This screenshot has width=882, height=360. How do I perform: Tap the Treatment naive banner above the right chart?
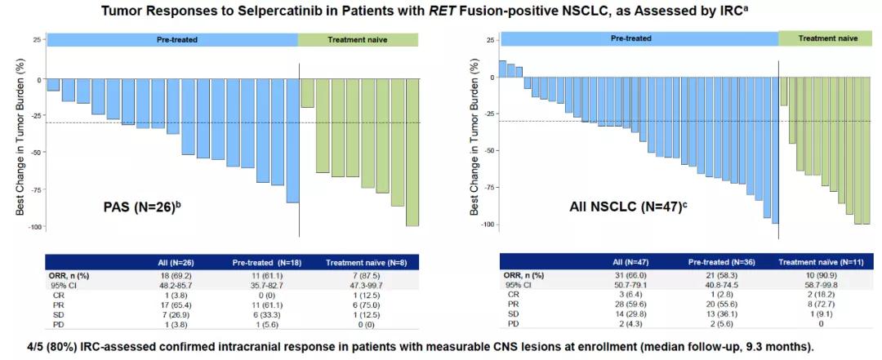click(x=827, y=38)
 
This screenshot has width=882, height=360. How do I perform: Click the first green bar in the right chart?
click(x=783, y=91)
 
